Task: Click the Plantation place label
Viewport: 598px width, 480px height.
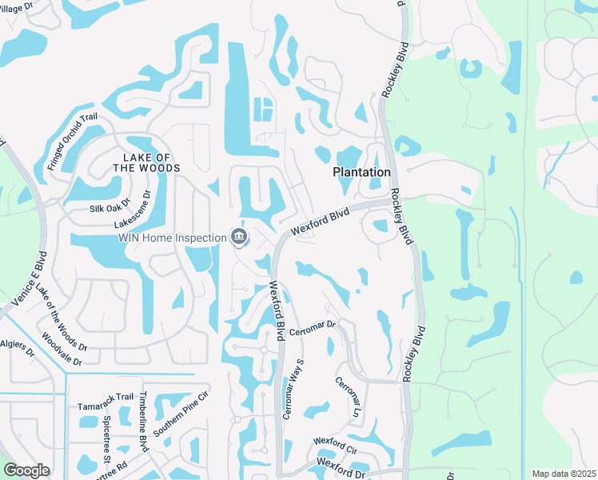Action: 361,172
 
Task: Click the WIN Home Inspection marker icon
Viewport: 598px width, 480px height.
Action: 238,236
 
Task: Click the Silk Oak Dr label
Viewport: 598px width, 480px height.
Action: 110,207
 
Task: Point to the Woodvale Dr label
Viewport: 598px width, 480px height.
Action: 62,350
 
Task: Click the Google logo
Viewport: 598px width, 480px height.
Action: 26,470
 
